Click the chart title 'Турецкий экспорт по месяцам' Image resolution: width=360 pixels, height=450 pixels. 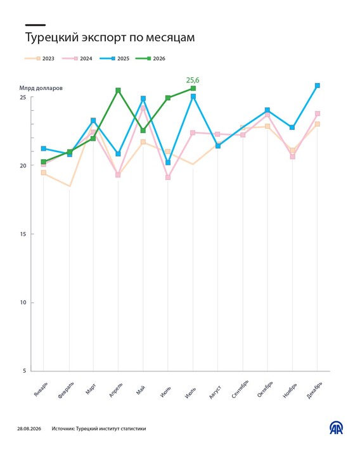(x=110, y=37)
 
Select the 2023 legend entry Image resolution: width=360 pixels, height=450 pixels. (x=39, y=58)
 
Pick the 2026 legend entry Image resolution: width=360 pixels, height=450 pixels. (x=150, y=58)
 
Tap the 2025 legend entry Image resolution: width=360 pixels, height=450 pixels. (x=115, y=58)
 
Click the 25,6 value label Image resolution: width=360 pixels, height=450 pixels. (x=193, y=80)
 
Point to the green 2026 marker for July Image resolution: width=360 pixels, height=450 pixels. (x=193, y=88)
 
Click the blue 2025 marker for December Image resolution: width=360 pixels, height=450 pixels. (x=318, y=86)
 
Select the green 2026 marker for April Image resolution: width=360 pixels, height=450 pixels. (x=118, y=91)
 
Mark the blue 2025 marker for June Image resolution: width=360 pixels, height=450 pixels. (x=168, y=162)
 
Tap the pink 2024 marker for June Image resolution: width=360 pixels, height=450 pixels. (x=168, y=177)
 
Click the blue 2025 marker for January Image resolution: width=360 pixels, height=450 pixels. (x=44, y=148)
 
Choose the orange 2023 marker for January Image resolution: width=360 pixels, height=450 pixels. (x=44, y=172)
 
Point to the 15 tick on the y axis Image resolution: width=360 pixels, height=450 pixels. (x=23, y=234)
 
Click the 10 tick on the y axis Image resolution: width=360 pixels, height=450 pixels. (x=23, y=302)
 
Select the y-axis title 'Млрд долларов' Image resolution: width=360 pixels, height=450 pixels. (x=41, y=88)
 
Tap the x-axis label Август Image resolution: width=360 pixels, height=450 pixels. (x=215, y=392)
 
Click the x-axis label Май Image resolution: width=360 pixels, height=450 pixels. (x=141, y=390)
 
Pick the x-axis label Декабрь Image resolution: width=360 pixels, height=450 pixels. (x=314, y=390)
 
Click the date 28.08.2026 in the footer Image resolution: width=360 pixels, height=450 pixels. (x=29, y=428)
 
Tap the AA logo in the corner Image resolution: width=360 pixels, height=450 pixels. (x=336, y=428)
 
